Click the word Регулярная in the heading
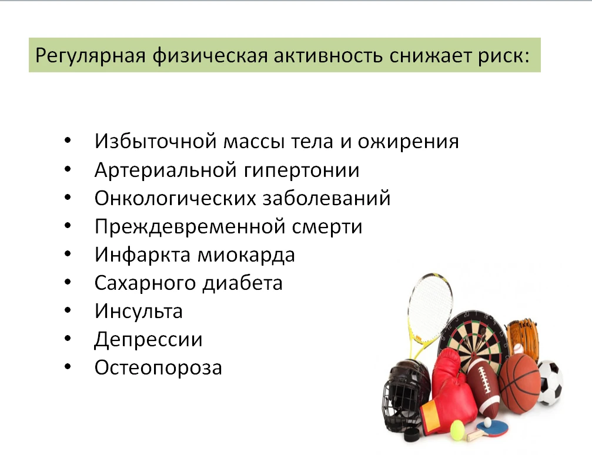91,56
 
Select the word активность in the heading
327,55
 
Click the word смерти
327,227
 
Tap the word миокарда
246,255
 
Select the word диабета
242,283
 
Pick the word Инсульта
139,311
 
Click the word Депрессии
148,339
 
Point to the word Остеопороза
158,367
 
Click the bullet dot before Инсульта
68,310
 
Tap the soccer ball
550,383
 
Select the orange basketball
520,382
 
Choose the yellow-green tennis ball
457,431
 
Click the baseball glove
522,337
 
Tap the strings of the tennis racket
430,306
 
